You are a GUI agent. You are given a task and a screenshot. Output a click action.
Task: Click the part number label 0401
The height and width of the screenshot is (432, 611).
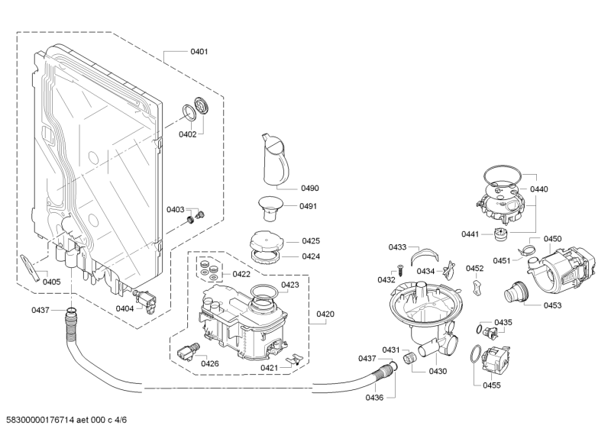click(199, 51)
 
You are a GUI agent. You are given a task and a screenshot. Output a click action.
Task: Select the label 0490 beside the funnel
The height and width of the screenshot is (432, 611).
click(309, 188)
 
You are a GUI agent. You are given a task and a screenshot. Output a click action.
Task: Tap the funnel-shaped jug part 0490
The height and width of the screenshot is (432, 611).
click(276, 158)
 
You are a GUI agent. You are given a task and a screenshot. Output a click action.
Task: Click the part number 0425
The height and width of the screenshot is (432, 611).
click(310, 241)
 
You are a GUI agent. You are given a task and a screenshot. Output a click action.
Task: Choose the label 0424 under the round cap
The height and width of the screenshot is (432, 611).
click(310, 256)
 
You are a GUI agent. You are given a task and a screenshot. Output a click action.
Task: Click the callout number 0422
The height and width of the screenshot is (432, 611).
click(241, 274)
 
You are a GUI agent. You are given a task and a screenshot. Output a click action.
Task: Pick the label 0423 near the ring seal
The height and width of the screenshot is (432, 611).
click(289, 285)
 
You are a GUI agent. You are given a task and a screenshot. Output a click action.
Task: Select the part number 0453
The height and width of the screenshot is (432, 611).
click(552, 305)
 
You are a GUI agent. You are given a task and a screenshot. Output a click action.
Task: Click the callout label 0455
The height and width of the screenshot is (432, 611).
click(491, 385)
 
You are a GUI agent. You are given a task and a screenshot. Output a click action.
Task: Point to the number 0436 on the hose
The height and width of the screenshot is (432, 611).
click(374, 397)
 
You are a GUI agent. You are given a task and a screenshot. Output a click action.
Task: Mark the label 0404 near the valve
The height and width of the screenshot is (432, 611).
click(124, 308)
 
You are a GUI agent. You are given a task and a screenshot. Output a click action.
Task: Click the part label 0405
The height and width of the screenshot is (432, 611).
click(51, 282)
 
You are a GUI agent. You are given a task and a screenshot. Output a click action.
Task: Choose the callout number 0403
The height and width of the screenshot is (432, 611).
click(176, 209)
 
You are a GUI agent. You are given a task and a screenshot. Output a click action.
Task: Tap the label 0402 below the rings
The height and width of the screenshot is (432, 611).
click(187, 134)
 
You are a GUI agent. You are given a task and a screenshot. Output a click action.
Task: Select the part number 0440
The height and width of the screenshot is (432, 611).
click(538, 189)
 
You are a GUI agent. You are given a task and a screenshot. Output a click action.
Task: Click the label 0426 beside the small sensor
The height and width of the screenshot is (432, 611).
click(210, 363)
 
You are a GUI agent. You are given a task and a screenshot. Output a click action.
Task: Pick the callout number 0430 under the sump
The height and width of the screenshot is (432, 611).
click(438, 371)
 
